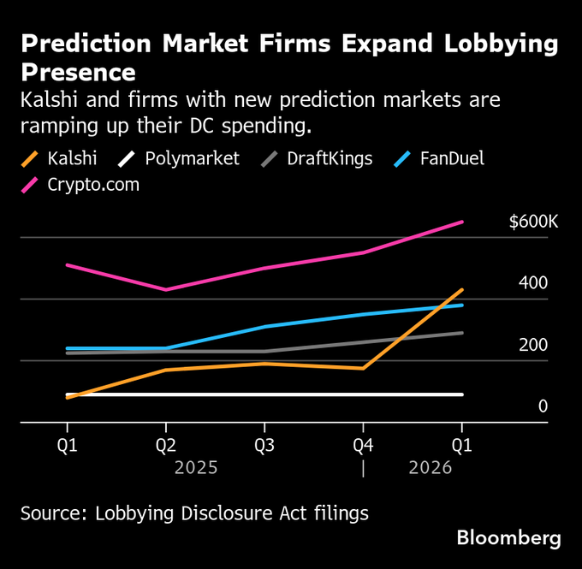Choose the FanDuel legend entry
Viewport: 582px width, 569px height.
(458, 158)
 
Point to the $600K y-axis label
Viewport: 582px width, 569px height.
(533, 222)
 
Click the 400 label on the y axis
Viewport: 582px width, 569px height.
(532, 283)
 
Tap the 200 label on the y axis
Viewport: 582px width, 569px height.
(532, 345)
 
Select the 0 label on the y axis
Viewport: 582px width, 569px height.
(543, 406)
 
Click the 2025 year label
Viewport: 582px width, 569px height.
(196, 468)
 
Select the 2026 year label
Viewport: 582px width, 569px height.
(431, 468)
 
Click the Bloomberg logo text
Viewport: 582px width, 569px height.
(508, 538)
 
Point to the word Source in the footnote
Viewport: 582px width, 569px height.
(52, 513)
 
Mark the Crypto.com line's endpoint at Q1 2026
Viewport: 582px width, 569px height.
(462, 222)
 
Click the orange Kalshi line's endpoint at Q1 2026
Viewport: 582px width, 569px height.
(462, 290)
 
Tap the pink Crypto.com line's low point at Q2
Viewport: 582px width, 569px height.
(166, 289)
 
